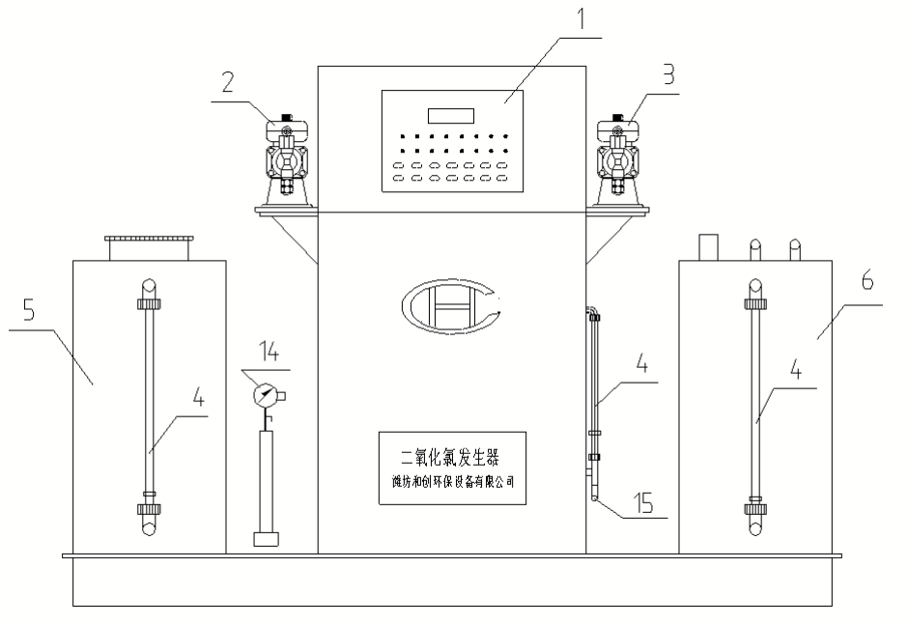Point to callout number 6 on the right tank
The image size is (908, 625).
pos(867,281)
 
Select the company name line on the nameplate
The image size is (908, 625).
pos(451,480)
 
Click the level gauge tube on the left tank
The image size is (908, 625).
pos(149,406)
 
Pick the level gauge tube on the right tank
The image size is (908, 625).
pos(755,406)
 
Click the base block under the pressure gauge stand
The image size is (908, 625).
pos(268,539)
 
